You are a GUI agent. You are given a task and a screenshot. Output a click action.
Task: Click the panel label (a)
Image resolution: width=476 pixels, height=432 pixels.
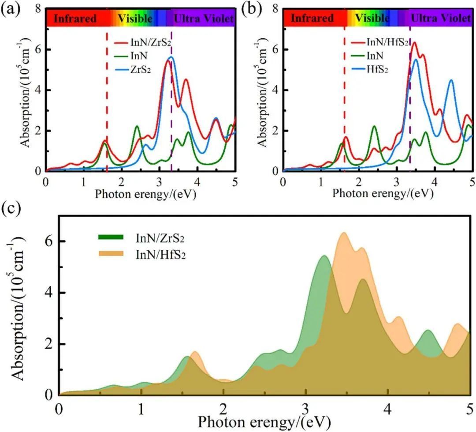[x=9, y=9]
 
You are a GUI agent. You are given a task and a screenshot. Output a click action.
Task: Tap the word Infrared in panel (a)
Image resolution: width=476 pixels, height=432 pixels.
[x=75, y=19]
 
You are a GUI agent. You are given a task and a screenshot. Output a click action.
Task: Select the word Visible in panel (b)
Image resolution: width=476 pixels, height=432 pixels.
[x=372, y=19]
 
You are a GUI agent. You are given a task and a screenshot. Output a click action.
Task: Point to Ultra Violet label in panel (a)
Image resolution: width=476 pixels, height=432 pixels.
[x=203, y=19]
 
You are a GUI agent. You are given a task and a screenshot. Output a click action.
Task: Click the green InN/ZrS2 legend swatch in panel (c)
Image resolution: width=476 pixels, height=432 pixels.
[x=112, y=238]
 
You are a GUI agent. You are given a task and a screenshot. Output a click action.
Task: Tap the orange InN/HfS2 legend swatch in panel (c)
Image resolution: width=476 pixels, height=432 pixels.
[x=112, y=254]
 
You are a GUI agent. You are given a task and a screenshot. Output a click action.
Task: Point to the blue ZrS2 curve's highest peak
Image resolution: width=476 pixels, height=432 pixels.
[x=171, y=57]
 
